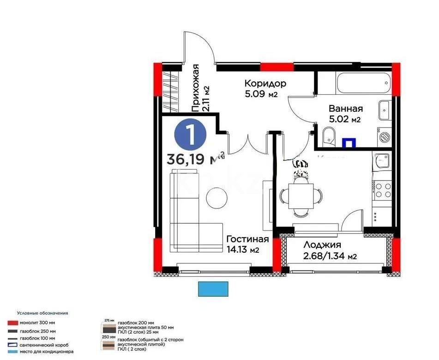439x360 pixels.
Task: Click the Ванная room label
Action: coord(345,109)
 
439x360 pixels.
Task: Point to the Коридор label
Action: coord(265,84)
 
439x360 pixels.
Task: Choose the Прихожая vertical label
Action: coord(196,88)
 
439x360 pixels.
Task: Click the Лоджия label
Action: coord(322,245)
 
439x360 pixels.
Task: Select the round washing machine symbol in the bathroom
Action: coord(385,137)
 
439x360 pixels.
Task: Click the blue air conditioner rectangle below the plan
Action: coord(213,289)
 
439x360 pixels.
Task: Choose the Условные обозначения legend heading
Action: coord(42,313)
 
